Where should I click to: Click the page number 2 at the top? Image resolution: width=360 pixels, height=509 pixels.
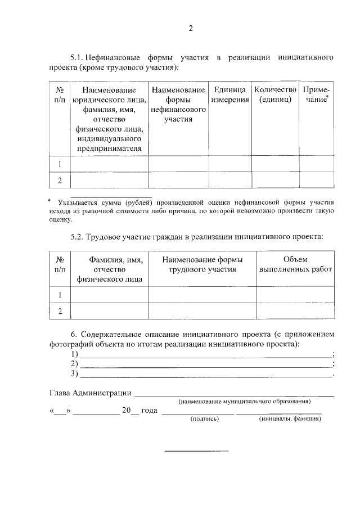pyautogui.click(x=191, y=29)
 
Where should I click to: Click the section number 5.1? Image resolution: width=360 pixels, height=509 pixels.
pyautogui.click(x=77, y=58)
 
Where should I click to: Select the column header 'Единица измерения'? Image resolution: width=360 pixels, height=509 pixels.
pyautogui.click(x=230, y=95)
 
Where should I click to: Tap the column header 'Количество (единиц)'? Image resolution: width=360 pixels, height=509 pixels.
pyautogui.click(x=275, y=95)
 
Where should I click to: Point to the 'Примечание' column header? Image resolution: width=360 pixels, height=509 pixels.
pyautogui.click(x=316, y=95)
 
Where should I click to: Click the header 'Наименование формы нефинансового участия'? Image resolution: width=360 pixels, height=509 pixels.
pyautogui.click(x=178, y=105)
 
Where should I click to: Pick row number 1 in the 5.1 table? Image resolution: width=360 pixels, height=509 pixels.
pyautogui.click(x=60, y=164)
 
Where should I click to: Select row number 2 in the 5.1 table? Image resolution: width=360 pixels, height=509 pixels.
pyautogui.click(x=60, y=180)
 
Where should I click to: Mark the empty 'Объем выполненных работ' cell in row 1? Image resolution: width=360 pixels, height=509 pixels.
pyautogui.click(x=295, y=294)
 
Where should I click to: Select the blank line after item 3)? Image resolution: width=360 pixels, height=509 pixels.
pyautogui.click(x=206, y=375)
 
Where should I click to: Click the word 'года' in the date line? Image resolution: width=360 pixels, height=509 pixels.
pyautogui.click(x=149, y=411)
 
